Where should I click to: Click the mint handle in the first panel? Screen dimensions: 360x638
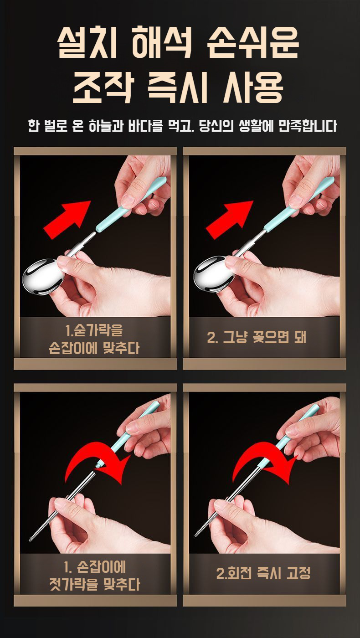click(x=131, y=203)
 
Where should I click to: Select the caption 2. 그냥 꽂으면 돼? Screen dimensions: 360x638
click(x=256, y=338)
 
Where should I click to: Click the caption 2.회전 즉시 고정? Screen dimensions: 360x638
click(x=263, y=573)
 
